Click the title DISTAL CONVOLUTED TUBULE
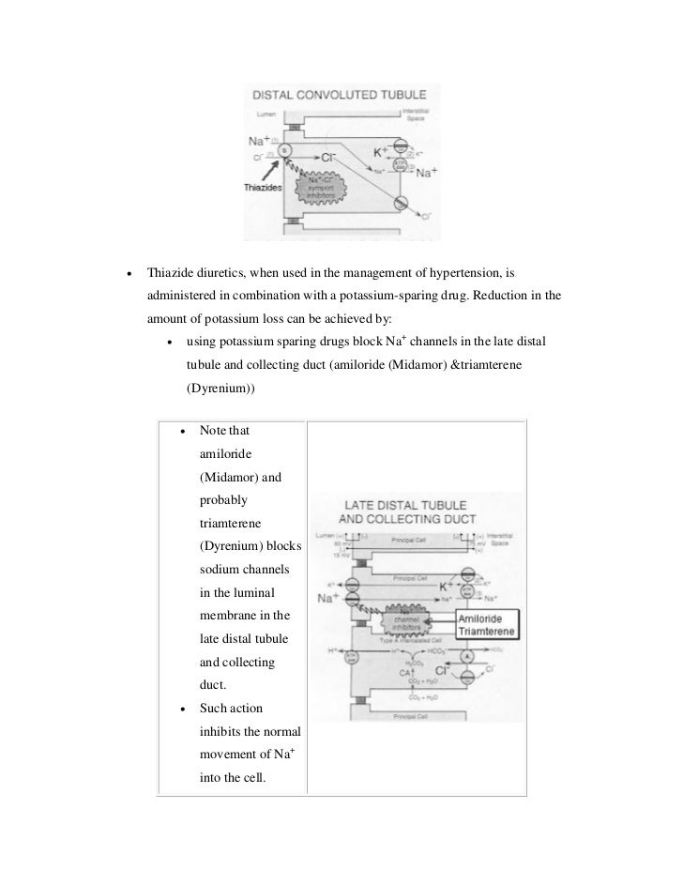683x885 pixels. point(335,95)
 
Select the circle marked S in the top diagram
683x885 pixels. point(287,149)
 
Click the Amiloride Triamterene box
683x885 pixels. point(484,626)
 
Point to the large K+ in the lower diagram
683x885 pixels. point(448,586)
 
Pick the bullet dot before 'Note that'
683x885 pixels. point(178,431)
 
